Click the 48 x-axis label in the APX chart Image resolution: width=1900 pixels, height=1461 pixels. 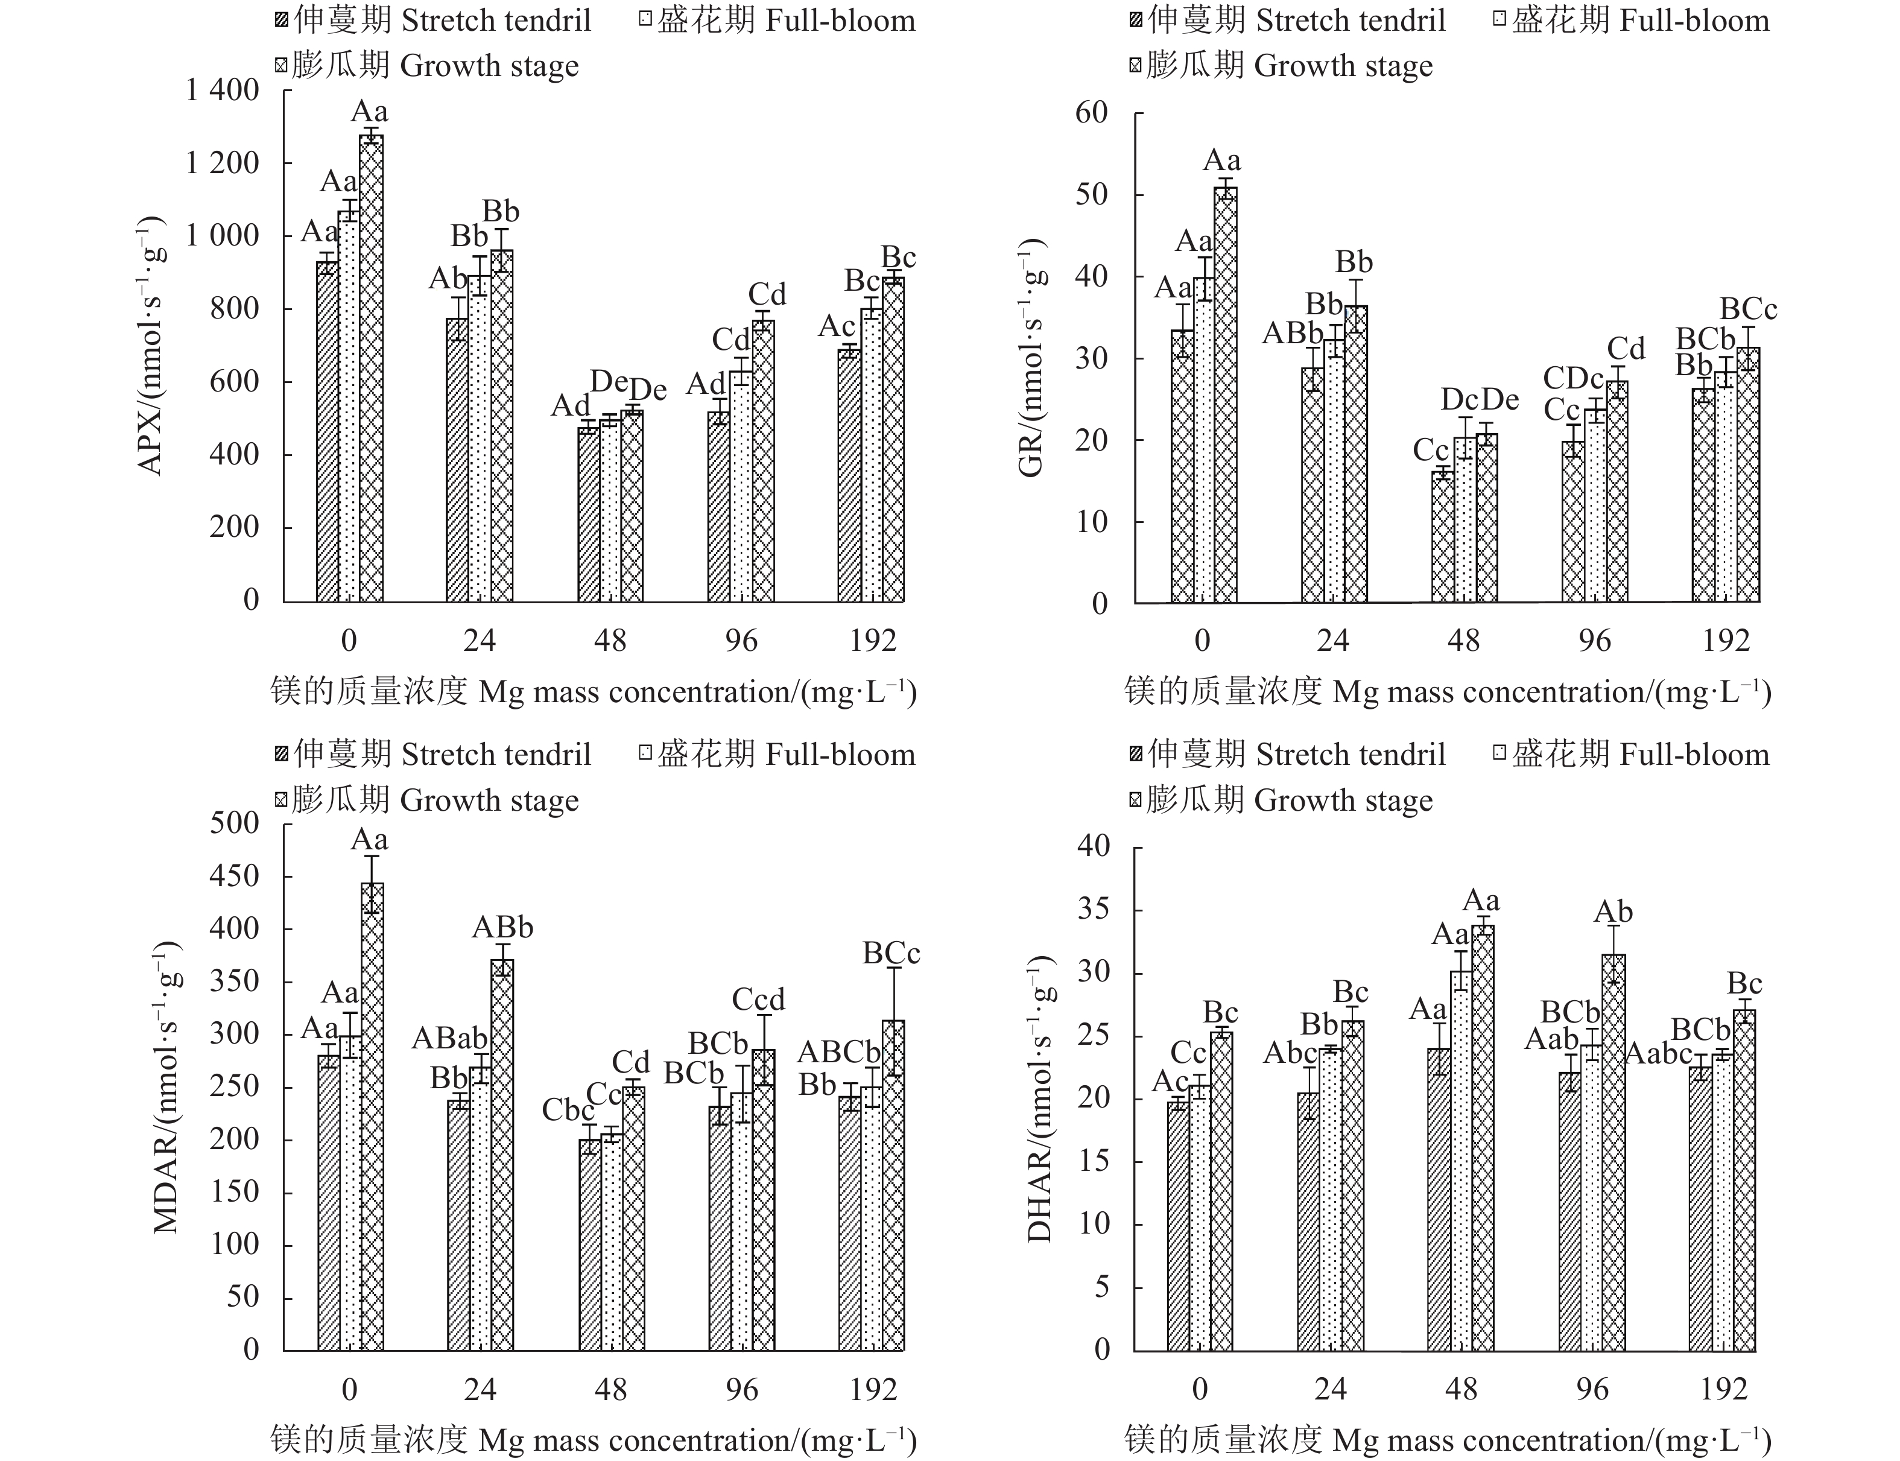(x=610, y=641)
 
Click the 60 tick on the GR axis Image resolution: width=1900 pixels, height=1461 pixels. (x=1091, y=112)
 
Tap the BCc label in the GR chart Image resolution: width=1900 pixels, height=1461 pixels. (x=1748, y=309)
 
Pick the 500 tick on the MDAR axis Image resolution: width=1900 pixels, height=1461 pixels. (x=235, y=823)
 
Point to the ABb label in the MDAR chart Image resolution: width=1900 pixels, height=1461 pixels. (x=502, y=928)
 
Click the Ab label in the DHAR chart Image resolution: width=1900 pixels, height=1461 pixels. (x=1613, y=912)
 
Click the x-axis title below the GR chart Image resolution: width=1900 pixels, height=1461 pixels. (x=1447, y=692)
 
